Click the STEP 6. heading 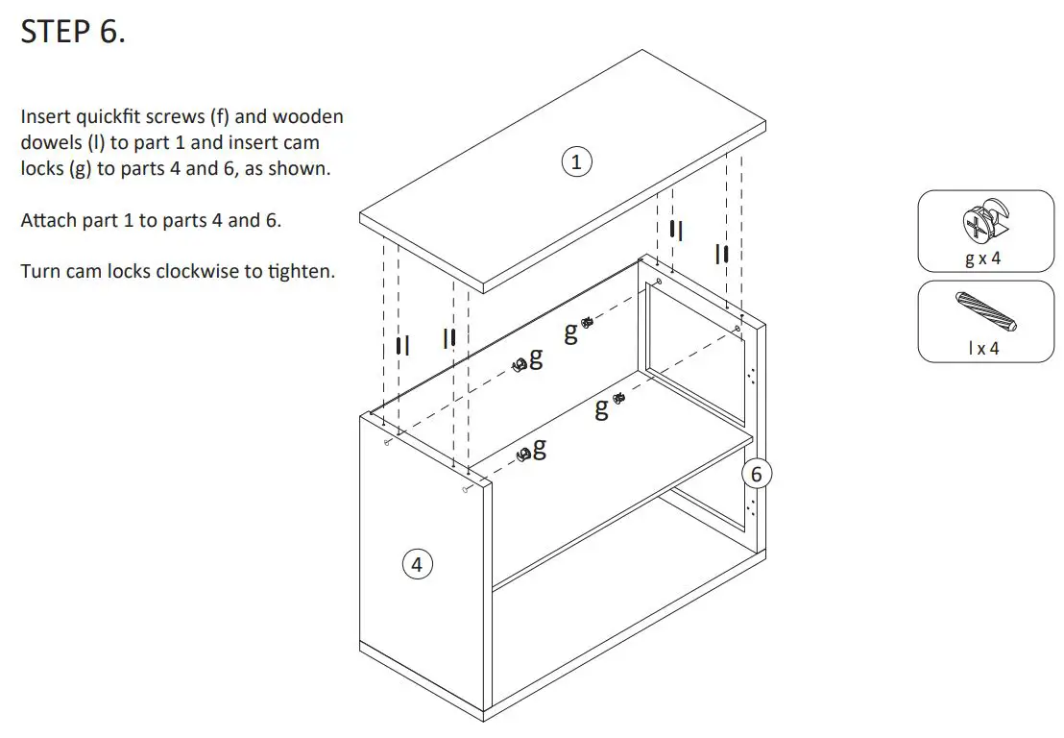coord(73,32)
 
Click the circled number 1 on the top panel coord(575,162)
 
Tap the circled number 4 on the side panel coord(416,565)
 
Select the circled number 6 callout coord(756,475)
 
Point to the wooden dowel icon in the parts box coord(986,313)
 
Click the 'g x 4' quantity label coord(982,259)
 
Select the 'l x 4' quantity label coord(982,348)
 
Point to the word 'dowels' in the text coord(48,142)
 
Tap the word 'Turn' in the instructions coord(40,271)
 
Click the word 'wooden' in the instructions coord(308,117)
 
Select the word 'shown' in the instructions coord(306,168)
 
